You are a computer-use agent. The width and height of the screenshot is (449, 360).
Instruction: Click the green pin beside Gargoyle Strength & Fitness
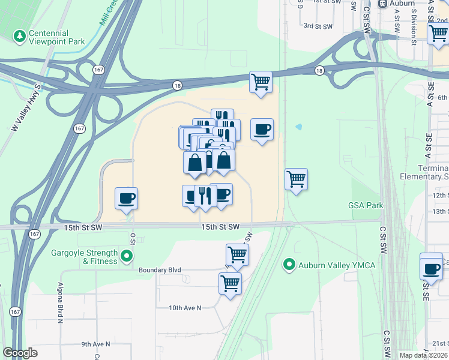pos(126,257)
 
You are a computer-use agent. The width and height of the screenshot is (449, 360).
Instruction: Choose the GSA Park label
pos(365,205)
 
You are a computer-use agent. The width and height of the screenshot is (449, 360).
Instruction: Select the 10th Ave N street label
pos(185,308)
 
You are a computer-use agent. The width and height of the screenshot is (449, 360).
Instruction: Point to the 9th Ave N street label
pos(96,344)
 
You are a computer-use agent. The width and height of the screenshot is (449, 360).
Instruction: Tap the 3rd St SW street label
pos(318,26)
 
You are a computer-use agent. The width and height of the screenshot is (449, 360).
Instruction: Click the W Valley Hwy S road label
pos(25,108)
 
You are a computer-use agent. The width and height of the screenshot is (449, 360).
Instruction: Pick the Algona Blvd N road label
pos(60,303)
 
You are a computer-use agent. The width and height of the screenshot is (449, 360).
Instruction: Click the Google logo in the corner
pos(20,352)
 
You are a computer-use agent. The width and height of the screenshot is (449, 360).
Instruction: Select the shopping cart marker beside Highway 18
pos(261,82)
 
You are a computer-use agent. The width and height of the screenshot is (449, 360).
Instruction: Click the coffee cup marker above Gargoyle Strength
pos(127,198)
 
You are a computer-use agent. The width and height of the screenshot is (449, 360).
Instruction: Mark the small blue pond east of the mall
pos(299,127)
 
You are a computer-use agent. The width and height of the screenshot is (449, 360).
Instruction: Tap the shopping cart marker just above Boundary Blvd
pos(237,254)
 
